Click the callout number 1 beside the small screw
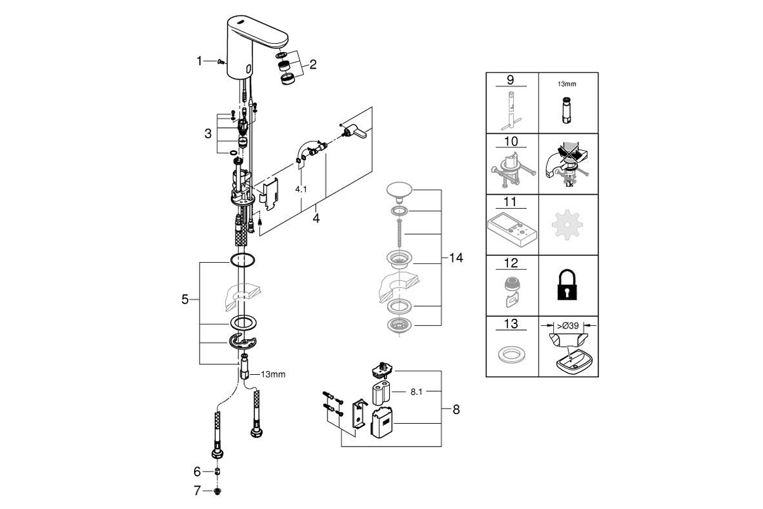pyautogui.click(x=199, y=61)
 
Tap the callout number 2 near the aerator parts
pyautogui.click(x=313, y=64)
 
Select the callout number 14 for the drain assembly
pyautogui.click(x=456, y=258)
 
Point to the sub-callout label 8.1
pyautogui.click(x=416, y=392)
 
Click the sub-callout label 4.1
pyautogui.click(x=301, y=189)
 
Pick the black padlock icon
pyautogui.click(x=567, y=285)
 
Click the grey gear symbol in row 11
pyautogui.click(x=567, y=225)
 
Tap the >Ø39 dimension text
pyautogui.click(x=567, y=326)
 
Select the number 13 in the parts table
pyautogui.click(x=511, y=324)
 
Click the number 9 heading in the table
pyautogui.click(x=510, y=80)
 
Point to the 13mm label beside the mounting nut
pyautogui.click(x=273, y=374)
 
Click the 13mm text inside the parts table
pyautogui.click(x=567, y=84)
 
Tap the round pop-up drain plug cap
pyautogui.click(x=399, y=190)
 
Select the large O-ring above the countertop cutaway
pyautogui.click(x=242, y=260)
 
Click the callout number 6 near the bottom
pyautogui.click(x=197, y=472)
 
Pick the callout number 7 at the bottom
pyautogui.click(x=197, y=491)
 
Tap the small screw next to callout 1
pyautogui.click(x=221, y=61)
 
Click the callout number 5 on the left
pyautogui.click(x=184, y=300)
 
